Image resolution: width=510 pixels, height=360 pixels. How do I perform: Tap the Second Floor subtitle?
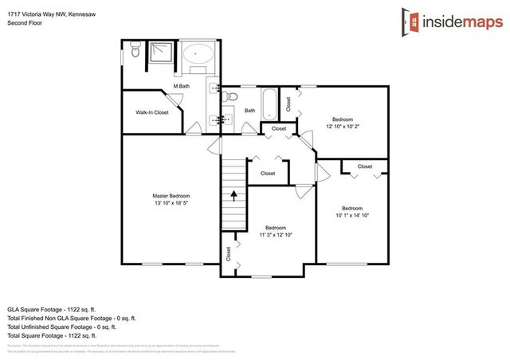coord(24,23)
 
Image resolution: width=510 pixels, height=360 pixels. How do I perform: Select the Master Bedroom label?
coord(171,196)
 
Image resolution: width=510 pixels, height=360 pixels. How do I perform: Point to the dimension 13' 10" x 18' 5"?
coord(171,204)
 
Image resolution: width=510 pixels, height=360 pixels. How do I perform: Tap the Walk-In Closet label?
coord(152,112)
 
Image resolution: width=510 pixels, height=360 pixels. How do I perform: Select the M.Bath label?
coord(182,86)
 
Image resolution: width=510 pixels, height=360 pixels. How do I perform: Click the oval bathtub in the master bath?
coord(198,57)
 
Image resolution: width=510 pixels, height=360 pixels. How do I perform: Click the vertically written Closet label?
coord(229,253)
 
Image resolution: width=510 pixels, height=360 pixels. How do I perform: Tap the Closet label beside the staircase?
coord(268,173)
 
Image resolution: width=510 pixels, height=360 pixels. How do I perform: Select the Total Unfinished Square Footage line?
coord(61,327)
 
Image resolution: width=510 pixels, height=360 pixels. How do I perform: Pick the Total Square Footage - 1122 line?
coord(56,335)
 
